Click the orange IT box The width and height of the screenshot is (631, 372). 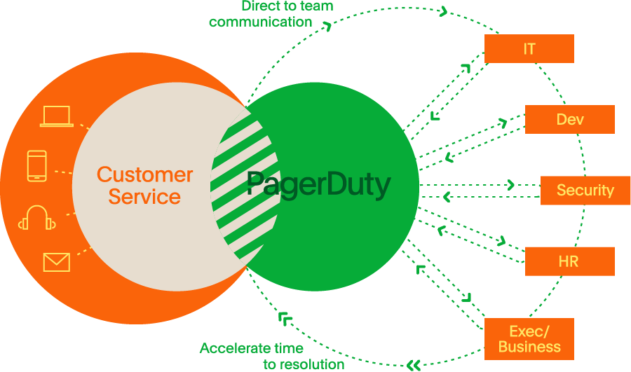click(529, 49)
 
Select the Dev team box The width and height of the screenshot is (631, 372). click(569, 120)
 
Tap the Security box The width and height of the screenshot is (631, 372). click(585, 191)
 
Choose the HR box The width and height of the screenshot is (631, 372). click(569, 261)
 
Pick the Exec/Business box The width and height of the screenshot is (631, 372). click(529, 339)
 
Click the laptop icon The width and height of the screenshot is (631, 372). click(57, 116)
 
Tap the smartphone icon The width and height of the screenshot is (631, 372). click(37, 166)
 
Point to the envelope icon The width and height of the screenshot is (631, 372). click(57, 262)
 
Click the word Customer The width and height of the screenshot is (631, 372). click(144, 174)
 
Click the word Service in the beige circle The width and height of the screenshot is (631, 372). click(144, 197)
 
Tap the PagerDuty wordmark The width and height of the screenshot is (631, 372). click(318, 186)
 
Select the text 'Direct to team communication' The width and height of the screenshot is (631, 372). click(270, 14)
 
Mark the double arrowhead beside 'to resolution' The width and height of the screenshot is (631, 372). click(414, 364)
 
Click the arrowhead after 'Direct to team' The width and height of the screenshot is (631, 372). click(443, 11)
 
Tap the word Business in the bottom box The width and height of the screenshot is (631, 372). click(529, 347)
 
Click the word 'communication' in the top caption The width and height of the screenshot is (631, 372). click(260, 22)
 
